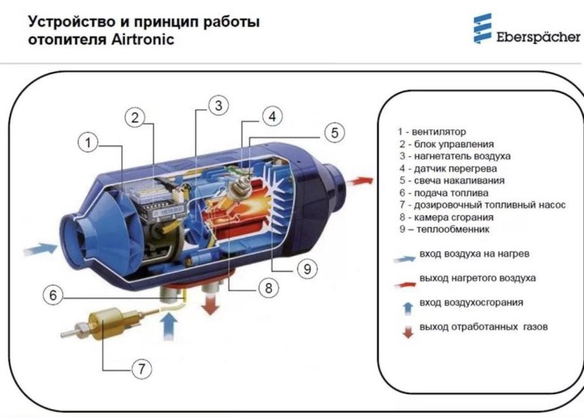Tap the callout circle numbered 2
pyautogui.click(x=135, y=117)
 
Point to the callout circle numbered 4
pyautogui.click(x=273, y=117)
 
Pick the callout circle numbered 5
pyautogui.click(x=335, y=133)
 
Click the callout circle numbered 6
pyautogui.click(x=53, y=295)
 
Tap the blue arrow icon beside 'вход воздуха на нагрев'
pyautogui.click(x=407, y=257)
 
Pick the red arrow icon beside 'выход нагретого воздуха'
pyautogui.click(x=407, y=282)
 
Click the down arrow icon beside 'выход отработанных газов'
pyautogui.click(x=408, y=330)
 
